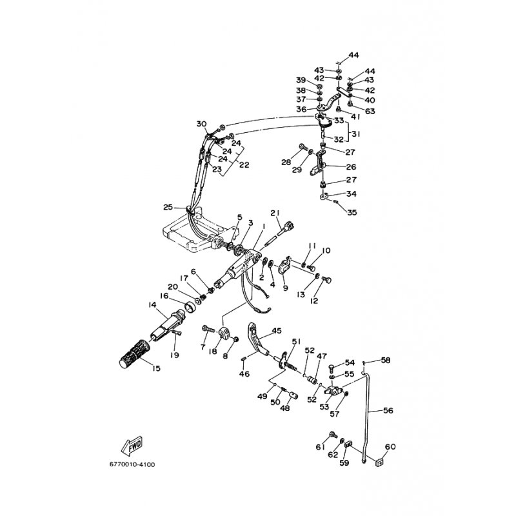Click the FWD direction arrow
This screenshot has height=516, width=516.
click(x=132, y=446)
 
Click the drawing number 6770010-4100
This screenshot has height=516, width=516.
click(x=132, y=464)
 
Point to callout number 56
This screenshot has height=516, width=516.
click(x=388, y=410)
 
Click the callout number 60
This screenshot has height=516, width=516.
click(x=390, y=447)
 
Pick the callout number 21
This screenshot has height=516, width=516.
click(x=275, y=213)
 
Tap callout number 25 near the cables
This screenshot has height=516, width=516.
click(x=168, y=207)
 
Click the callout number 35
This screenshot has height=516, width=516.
click(x=352, y=212)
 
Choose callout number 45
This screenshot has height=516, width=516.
click(x=277, y=330)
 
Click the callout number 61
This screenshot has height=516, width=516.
click(x=321, y=447)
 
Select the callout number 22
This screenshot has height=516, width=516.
click(x=244, y=164)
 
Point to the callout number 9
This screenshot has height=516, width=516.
click(x=285, y=288)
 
